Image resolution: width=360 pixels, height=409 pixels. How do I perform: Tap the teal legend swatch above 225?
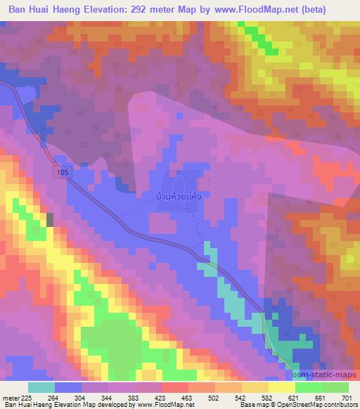coord(41,388)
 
